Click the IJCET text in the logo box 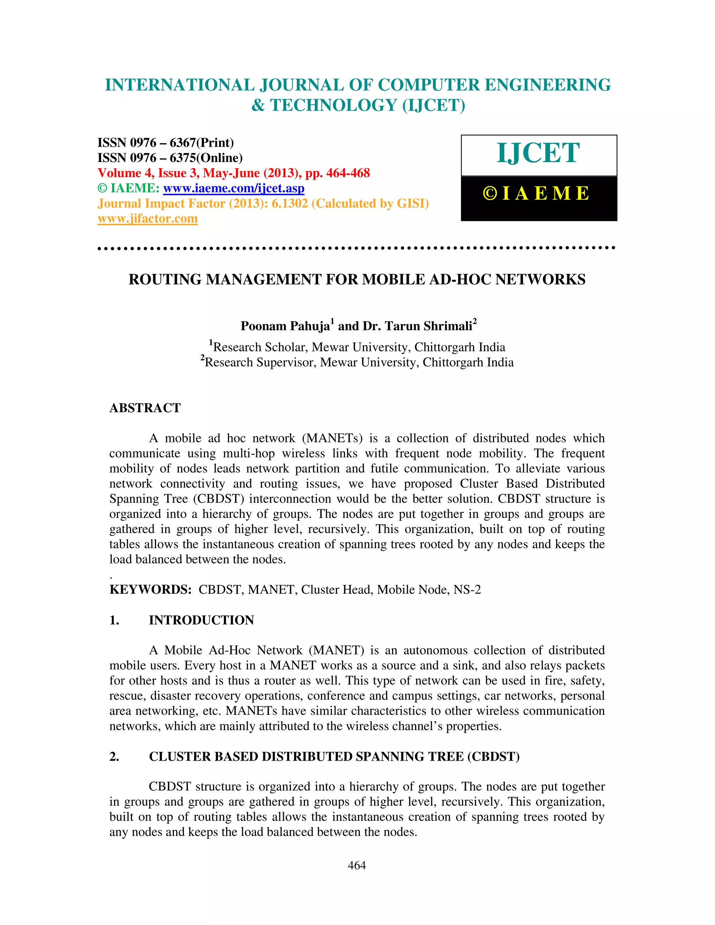coord(538,153)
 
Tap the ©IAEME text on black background coord(536,194)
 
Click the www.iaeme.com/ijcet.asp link coord(234,188)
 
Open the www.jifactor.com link coord(147,219)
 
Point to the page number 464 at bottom coord(357,865)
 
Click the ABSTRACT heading coord(145,408)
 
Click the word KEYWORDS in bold coord(150,590)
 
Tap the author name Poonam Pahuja coord(285,326)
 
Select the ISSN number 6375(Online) coord(206,158)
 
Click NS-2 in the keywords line coord(467,590)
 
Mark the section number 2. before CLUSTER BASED coord(115,756)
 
